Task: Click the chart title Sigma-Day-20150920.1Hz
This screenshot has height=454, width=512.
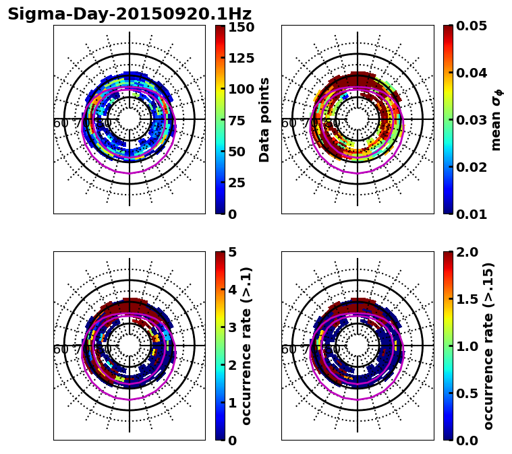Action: pos(130,14)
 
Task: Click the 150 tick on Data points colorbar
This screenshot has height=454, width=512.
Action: pos(240,27)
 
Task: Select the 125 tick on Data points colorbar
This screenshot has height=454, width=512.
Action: pos(240,58)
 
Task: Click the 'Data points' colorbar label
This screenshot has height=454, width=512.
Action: pos(264,120)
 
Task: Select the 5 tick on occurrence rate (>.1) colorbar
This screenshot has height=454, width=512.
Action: pos(232,253)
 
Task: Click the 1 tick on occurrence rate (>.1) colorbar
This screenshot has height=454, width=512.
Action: pos(232,403)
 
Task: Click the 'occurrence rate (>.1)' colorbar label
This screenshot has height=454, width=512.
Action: pos(247,346)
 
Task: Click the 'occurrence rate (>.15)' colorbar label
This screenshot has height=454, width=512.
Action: pos(489,346)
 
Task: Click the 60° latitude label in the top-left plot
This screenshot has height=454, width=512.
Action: pos(61,123)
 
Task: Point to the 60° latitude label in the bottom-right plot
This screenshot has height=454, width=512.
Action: pos(289,350)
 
